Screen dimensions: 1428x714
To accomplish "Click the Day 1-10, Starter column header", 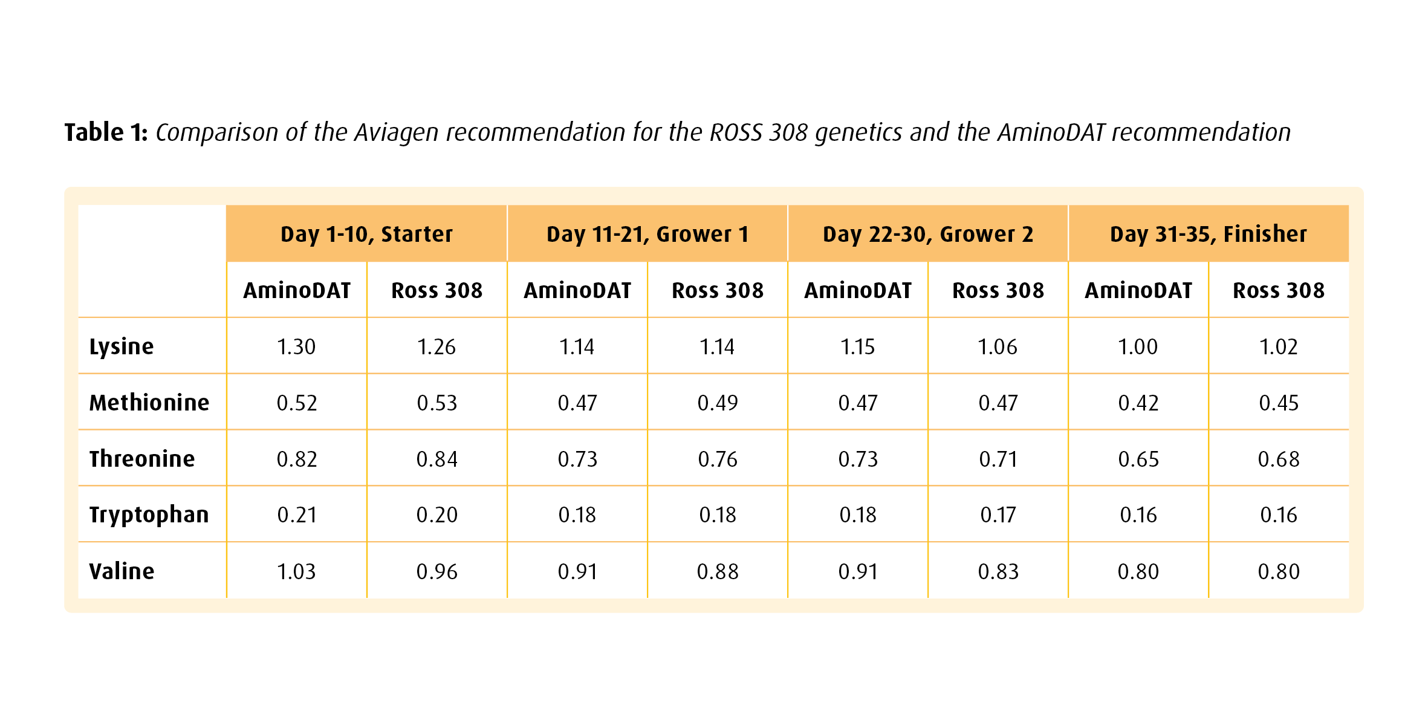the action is click(366, 235).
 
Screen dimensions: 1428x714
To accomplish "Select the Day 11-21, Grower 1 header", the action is click(647, 235).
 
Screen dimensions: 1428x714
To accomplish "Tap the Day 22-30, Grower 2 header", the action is click(928, 235).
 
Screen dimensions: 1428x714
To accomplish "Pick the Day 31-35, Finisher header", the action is click(1209, 235).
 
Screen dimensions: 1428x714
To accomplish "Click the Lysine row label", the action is click(122, 347).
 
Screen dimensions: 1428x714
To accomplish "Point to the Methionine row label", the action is click(149, 403).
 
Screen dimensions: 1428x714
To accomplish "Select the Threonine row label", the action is click(142, 459).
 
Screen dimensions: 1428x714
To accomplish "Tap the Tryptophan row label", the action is click(149, 515).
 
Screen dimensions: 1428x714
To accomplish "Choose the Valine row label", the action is click(122, 571).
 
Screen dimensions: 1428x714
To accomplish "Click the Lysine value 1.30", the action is click(296, 347).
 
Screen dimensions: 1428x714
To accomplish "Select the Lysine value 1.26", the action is click(437, 347).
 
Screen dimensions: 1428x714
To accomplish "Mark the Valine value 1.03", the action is click(296, 572).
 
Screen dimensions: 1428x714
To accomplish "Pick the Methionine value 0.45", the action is click(1279, 403).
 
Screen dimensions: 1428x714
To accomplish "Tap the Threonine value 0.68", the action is click(1279, 459).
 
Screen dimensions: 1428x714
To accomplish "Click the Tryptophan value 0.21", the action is click(297, 515).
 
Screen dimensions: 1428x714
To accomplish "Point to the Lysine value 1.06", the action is click(998, 347).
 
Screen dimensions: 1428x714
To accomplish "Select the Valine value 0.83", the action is click(998, 572).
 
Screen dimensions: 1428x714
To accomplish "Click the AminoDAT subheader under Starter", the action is click(297, 291).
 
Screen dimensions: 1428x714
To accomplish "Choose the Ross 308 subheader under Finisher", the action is click(1279, 291).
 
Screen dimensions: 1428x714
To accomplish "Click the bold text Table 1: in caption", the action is click(106, 132).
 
